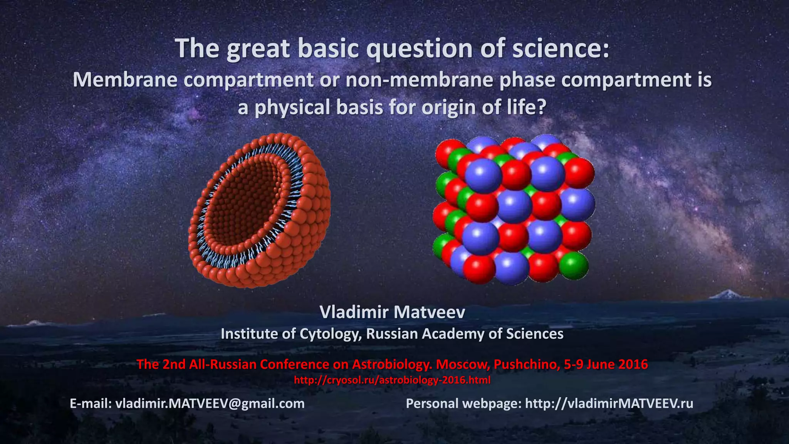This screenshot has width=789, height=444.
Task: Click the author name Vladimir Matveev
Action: point(392,312)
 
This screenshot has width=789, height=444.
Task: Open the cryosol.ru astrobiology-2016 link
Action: point(392,380)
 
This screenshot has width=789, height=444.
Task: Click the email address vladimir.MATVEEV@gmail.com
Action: point(210,404)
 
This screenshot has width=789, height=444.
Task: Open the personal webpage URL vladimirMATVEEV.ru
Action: point(609,404)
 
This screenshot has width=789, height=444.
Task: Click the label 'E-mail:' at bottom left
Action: point(91,404)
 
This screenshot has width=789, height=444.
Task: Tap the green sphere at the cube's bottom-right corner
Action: point(574,266)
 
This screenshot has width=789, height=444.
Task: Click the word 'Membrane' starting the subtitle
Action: point(125,80)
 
